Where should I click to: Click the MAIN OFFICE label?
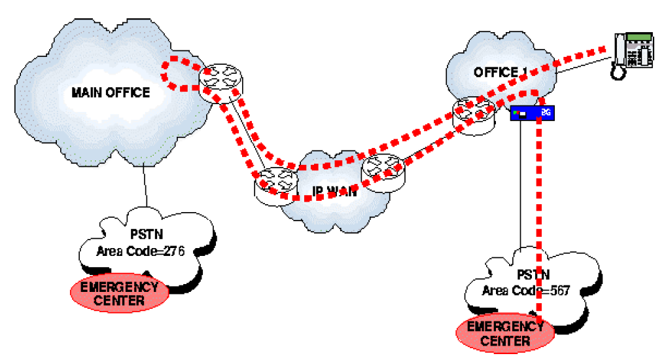pyautogui.click(x=111, y=92)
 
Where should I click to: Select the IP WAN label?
pyautogui.click(x=334, y=192)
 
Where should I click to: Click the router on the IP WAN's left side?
pyautogui.click(x=276, y=185)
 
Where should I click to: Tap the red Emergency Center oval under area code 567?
pyautogui.click(x=504, y=333)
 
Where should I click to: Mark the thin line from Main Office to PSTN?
pyautogui.click(x=145, y=187)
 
